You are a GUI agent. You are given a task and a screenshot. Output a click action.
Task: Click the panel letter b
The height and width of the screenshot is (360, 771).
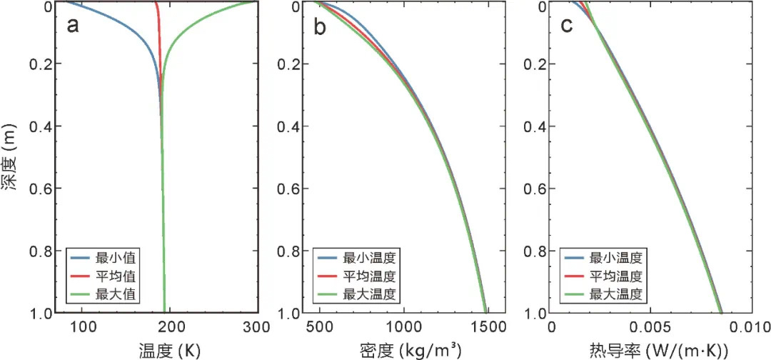pos(321,26)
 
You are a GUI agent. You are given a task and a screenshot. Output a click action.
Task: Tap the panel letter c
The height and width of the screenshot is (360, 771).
pos(568,26)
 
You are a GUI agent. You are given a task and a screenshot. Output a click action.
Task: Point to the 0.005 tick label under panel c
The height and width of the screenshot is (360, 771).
pos(650,328)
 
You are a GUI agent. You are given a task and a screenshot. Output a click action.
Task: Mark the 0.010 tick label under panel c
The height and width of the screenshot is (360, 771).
pos(748,328)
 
